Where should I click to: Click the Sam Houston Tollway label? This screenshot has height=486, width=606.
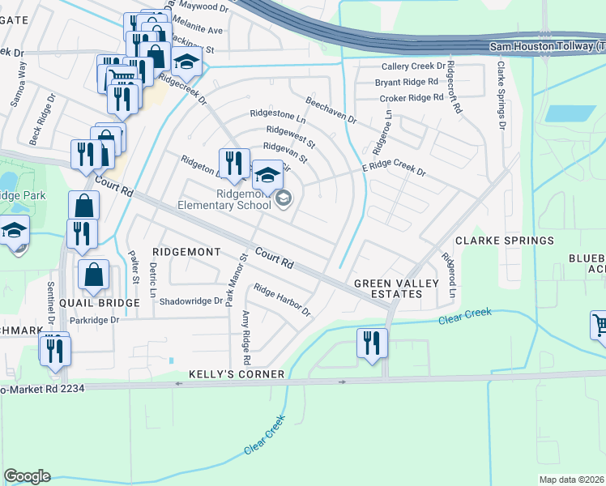(547, 48)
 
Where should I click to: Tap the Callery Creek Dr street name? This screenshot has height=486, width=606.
(414, 66)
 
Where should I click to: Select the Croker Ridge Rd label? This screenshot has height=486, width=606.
(411, 98)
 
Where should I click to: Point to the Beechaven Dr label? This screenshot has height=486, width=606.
(331, 109)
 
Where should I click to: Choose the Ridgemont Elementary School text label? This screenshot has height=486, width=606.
(242, 199)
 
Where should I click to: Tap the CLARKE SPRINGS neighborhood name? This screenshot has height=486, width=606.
(504, 241)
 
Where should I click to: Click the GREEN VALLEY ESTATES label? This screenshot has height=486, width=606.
(396, 288)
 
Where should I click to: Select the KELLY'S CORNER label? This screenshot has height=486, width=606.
(237, 374)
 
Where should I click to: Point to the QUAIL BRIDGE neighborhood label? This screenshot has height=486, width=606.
(100, 302)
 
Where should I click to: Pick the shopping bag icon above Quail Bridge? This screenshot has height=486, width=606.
(94, 275)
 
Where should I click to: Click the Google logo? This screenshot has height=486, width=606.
(27, 476)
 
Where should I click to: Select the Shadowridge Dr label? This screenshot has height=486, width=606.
(190, 301)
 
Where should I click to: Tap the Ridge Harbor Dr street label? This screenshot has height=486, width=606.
(282, 300)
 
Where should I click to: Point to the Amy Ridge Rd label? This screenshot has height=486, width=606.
(246, 339)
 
